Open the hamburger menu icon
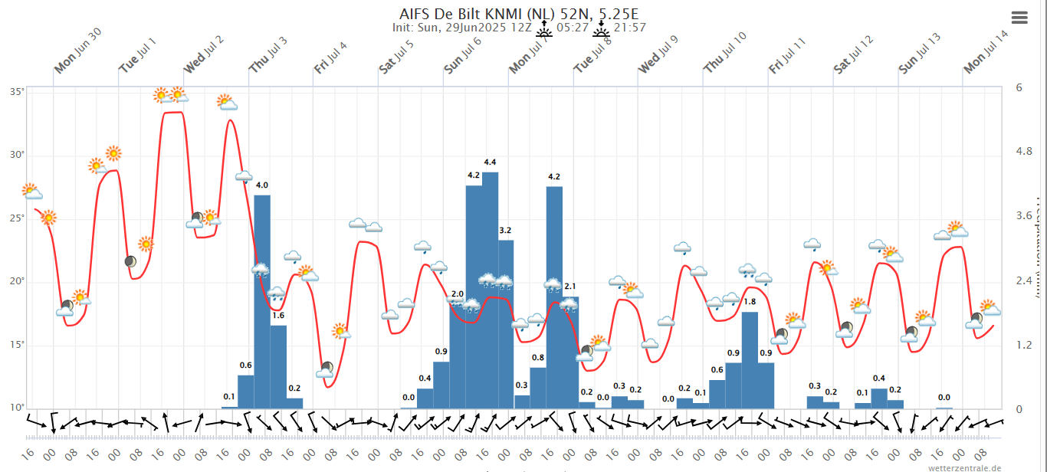click(x=1019, y=18)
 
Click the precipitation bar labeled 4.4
click(x=490, y=291)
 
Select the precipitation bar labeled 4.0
click(x=262, y=302)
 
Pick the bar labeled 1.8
click(x=750, y=360)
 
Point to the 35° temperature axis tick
click(x=16, y=92)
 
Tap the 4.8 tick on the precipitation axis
click(x=1024, y=152)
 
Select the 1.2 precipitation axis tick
click(x=1024, y=345)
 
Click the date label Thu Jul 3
click(x=268, y=55)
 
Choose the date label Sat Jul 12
click(x=853, y=55)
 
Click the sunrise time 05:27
click(x=573, y=28)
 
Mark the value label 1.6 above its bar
click(x=278, y=316)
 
